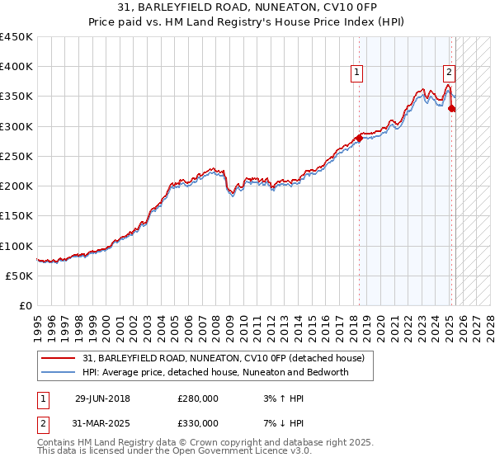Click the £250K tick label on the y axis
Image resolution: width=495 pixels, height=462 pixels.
point(16,156)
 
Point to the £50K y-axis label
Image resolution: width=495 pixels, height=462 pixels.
point(20,276)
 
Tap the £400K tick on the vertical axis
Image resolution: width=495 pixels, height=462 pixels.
point(16,67)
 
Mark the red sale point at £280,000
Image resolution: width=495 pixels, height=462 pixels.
point(359,139)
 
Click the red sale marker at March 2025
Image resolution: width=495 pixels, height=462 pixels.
point(452,109)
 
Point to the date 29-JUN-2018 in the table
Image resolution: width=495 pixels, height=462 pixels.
point(102,398)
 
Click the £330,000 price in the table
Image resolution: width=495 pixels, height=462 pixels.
point(198,423)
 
